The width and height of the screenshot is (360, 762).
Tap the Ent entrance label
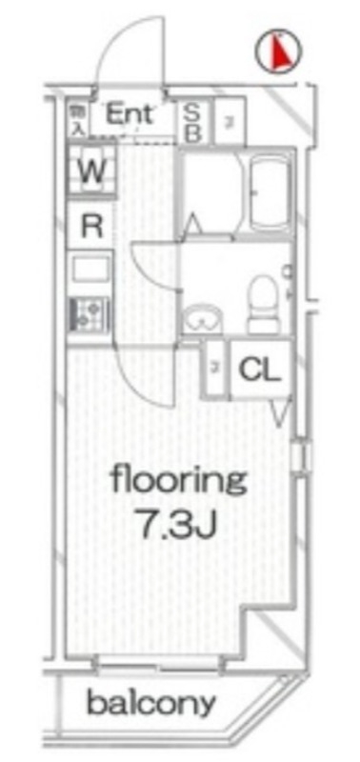[133, 114]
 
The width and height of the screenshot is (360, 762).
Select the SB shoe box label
[191, 122]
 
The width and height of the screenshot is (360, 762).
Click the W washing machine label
[90, 172]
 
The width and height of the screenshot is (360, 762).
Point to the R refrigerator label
[91, 226]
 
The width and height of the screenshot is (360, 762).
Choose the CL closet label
[259, 370]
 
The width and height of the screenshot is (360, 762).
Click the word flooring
[178, 479]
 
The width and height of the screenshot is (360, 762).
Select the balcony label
[150, 705]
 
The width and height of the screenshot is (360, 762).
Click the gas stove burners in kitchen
[89, 312]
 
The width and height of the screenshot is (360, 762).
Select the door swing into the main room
[143, 376]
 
